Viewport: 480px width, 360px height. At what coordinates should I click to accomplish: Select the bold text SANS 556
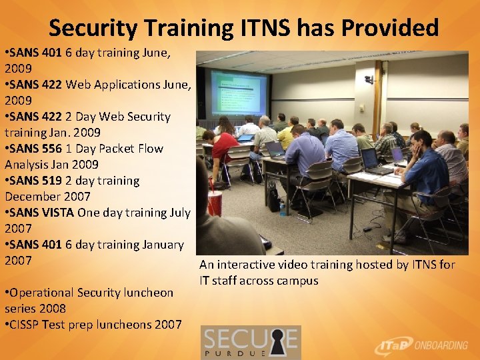pos(34,149)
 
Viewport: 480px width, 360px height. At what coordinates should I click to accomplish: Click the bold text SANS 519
pos(34,181)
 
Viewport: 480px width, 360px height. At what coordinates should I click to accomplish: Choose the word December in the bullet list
pos(32,197)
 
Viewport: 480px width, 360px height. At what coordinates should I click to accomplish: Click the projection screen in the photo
pos(239,92)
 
